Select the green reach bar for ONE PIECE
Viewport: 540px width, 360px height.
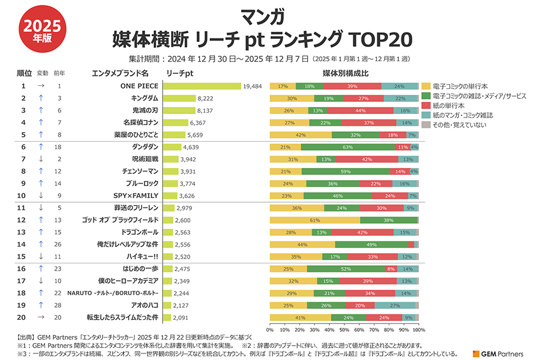coord(202,86)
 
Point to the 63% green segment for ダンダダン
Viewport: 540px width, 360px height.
coord(348,147)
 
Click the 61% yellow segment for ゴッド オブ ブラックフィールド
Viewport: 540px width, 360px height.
coord(315,220)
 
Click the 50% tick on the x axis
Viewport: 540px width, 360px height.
coord(344,329)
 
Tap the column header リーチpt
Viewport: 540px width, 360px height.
coord(179,73)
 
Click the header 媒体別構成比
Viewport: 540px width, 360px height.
coord(345,73)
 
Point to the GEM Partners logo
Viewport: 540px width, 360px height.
coord(498,353)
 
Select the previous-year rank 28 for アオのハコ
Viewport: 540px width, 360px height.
coord(59,305)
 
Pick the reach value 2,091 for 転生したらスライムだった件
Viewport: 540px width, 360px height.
coord(184,317)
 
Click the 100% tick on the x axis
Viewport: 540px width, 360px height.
coord(419,329)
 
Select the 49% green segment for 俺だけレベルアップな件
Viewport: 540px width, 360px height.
coord(371,245)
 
